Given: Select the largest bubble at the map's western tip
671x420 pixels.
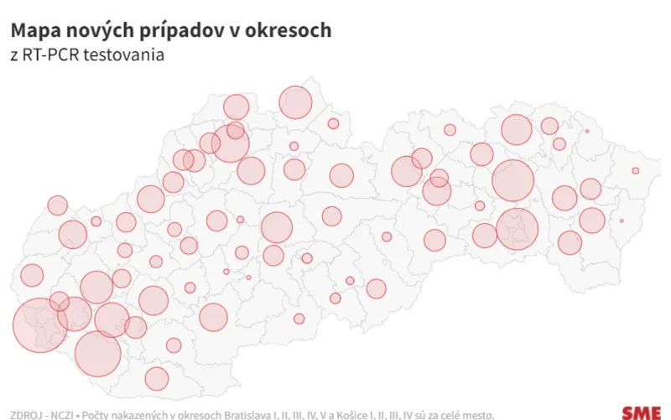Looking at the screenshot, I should [x=39, y=324].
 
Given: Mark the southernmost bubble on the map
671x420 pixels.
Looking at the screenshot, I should [x=157, y=379].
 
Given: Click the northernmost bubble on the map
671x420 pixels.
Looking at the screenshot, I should [x=295, y=102].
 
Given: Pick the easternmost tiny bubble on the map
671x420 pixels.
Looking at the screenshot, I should [x=636, y=171].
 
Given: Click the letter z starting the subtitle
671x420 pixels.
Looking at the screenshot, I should [x=14, y=55].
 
